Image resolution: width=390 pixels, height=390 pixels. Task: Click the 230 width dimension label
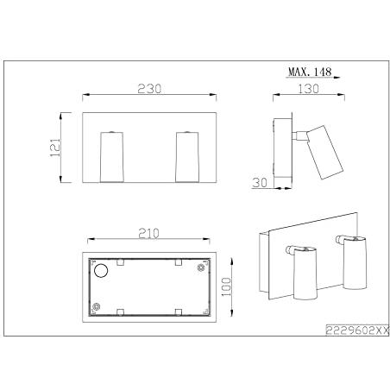(149, 89)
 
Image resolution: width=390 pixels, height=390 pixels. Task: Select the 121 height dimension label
(55, 148)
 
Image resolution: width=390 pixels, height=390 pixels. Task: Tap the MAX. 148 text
(310, 72)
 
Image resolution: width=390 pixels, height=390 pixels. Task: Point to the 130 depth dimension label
(308, 89)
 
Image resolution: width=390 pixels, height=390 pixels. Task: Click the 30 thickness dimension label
(260, 183)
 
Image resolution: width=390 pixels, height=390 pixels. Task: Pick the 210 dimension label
(148, 234)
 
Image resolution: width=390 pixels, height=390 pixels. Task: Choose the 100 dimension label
(227, 286)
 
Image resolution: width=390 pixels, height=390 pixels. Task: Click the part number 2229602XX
(357, 330)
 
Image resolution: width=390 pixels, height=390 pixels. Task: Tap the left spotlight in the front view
(112, 157)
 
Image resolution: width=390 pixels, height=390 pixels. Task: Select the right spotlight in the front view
(187, 157)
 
